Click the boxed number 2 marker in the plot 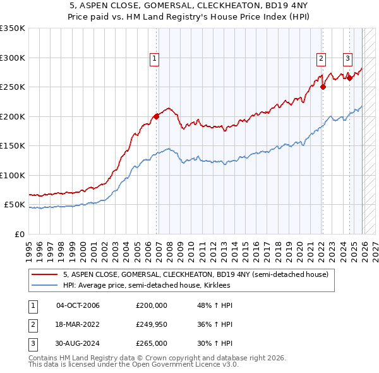pyautogui.click(x=321, y=59)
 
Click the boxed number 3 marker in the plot pyautogui.click(x=347, y=59)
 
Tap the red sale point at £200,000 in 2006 pyautogui.click(x=157, y=116)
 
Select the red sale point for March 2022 pyautogui.click(x=323, y=87)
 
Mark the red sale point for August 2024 pyautogui.click(x=349, y=78)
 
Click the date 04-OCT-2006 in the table pyautogui.click(x=78, y=305)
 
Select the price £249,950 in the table pyautogui.click(x=152, y=324)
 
